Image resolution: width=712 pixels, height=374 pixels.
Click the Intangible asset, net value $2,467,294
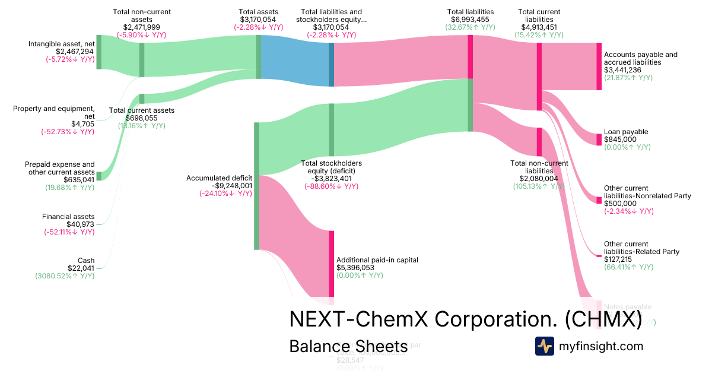click(x=75, y=52)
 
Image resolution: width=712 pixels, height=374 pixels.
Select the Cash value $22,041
click(x=82, y=268)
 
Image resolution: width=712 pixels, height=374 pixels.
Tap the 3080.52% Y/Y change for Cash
click(x=65, y=275)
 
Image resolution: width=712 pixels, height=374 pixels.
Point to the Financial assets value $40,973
click(x=80, y=224)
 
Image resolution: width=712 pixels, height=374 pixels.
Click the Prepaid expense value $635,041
click(x=79, y=180)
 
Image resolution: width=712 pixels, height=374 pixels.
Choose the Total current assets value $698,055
click(x=137, y=118)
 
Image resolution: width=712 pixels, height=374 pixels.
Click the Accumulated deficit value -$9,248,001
click(x=220, y=185)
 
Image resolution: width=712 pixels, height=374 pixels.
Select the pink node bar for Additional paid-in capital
click(x=332, y=263)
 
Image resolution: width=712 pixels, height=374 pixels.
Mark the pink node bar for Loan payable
click(x=599, y=140)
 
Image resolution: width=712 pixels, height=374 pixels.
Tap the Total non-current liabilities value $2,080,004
click(x=539, y=179)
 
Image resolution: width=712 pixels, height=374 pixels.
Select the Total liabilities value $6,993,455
click(x=471, y=27)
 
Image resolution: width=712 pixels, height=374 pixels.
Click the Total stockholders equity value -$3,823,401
click(x=331, y=179)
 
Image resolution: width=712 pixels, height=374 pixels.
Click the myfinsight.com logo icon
click(x=544, y=346)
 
